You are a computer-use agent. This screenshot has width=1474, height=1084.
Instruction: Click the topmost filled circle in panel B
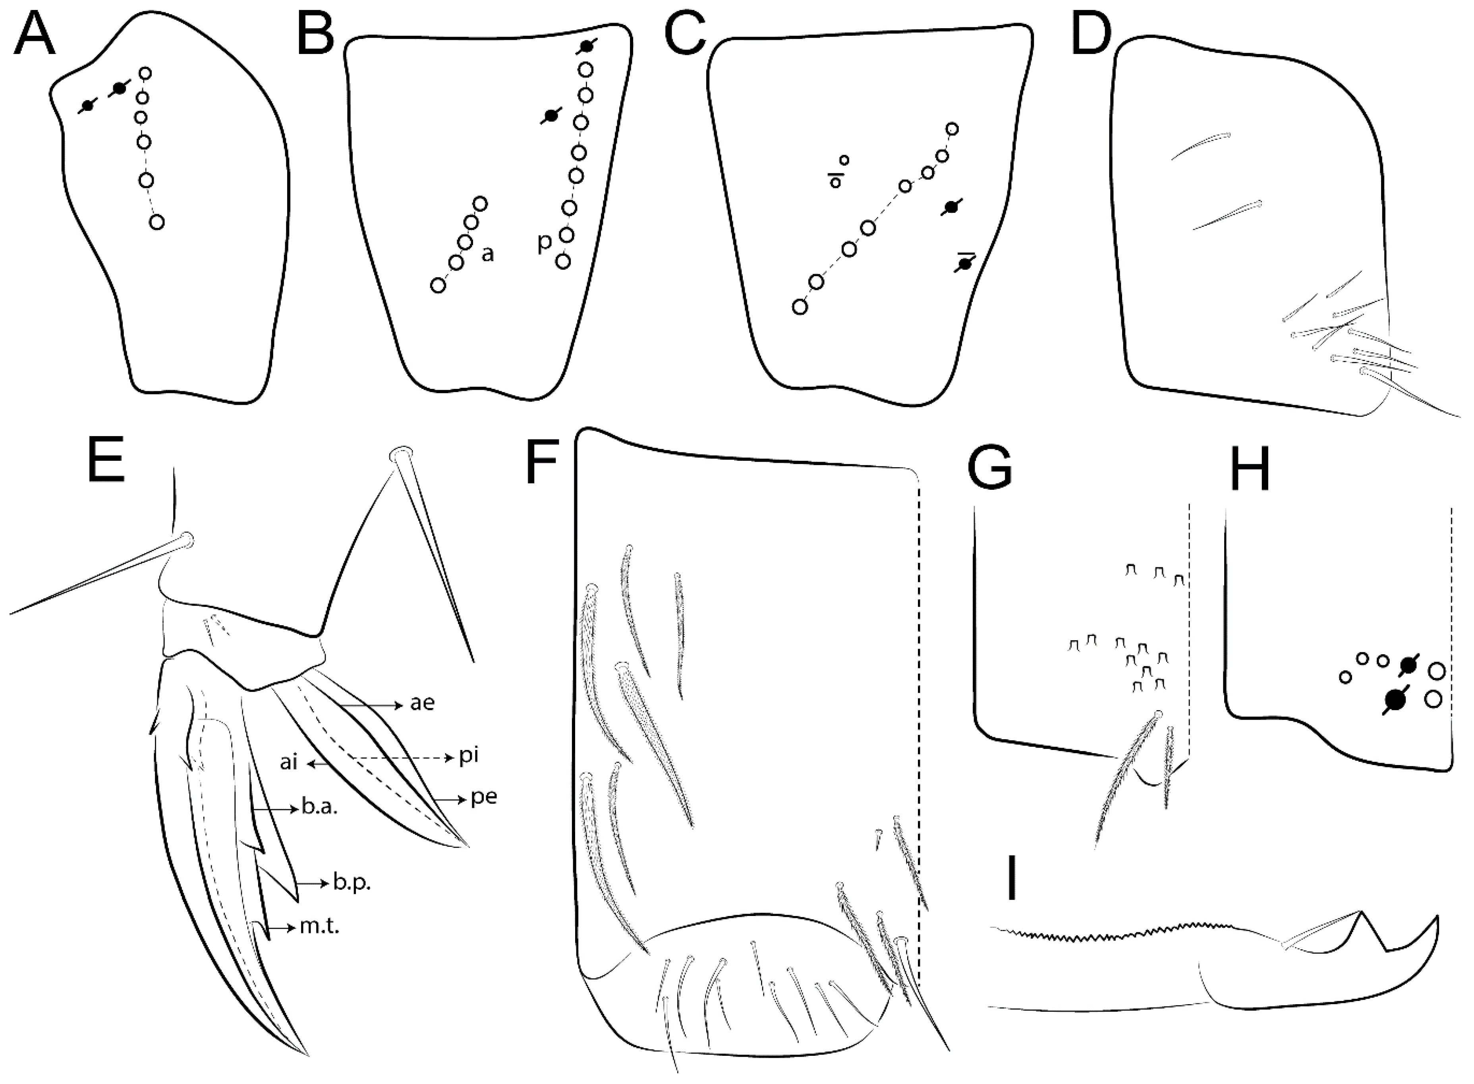(x=586, y=46)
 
